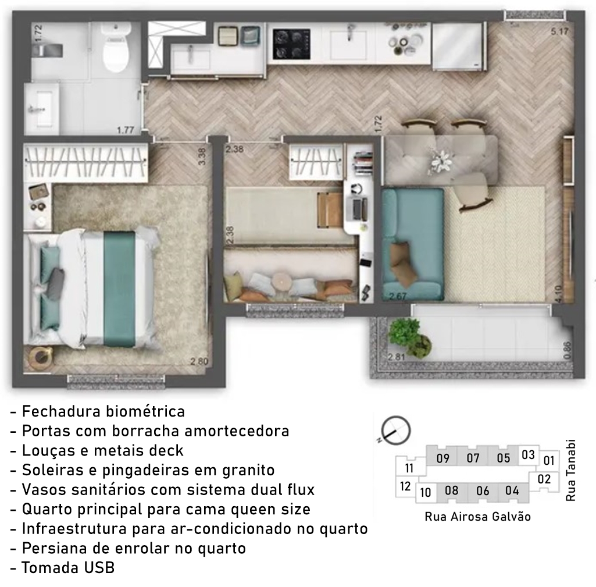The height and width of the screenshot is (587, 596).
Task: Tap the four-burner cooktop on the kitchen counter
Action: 291,44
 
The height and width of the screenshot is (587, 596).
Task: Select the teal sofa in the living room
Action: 412,244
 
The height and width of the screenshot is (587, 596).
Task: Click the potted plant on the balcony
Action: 409,336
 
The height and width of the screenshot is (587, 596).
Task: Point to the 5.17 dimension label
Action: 559,31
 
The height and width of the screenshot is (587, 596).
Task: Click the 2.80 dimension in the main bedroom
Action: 199,361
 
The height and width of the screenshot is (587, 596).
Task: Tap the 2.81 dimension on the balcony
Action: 397,357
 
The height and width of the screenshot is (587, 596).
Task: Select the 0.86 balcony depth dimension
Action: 567,350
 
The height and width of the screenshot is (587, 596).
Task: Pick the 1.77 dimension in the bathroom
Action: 126,130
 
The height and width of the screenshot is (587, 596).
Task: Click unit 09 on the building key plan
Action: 443,458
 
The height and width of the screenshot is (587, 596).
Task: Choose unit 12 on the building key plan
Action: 405,486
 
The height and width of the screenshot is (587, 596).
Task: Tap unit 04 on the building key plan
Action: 512,490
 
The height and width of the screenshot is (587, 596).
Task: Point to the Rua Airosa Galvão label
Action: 477,517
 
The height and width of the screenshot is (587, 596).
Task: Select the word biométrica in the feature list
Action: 145,411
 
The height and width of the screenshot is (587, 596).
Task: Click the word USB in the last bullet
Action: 99,568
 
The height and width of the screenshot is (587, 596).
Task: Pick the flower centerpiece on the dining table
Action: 440,161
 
